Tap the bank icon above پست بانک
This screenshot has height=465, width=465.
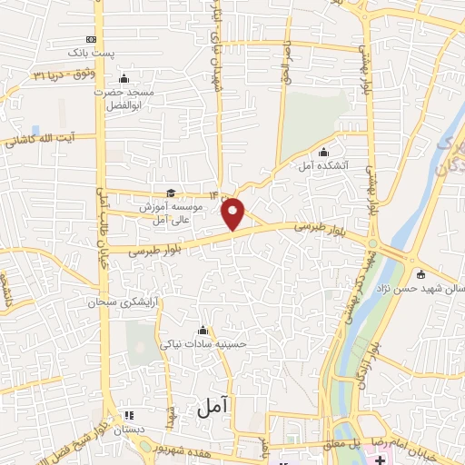pyautogui.click(x=90, y=39)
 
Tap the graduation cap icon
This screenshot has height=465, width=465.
pyautogui.click(x=170, y=193)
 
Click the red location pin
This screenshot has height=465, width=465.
pyautogui.click(x=234, y=214)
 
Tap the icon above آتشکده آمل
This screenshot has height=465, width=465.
pyautogui.click(x=324, y=152)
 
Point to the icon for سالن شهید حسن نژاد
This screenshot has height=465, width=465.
pyautogui.click(x=420, y=274)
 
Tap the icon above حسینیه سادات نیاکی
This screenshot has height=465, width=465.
pyautogui.click(x=202, y=330)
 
